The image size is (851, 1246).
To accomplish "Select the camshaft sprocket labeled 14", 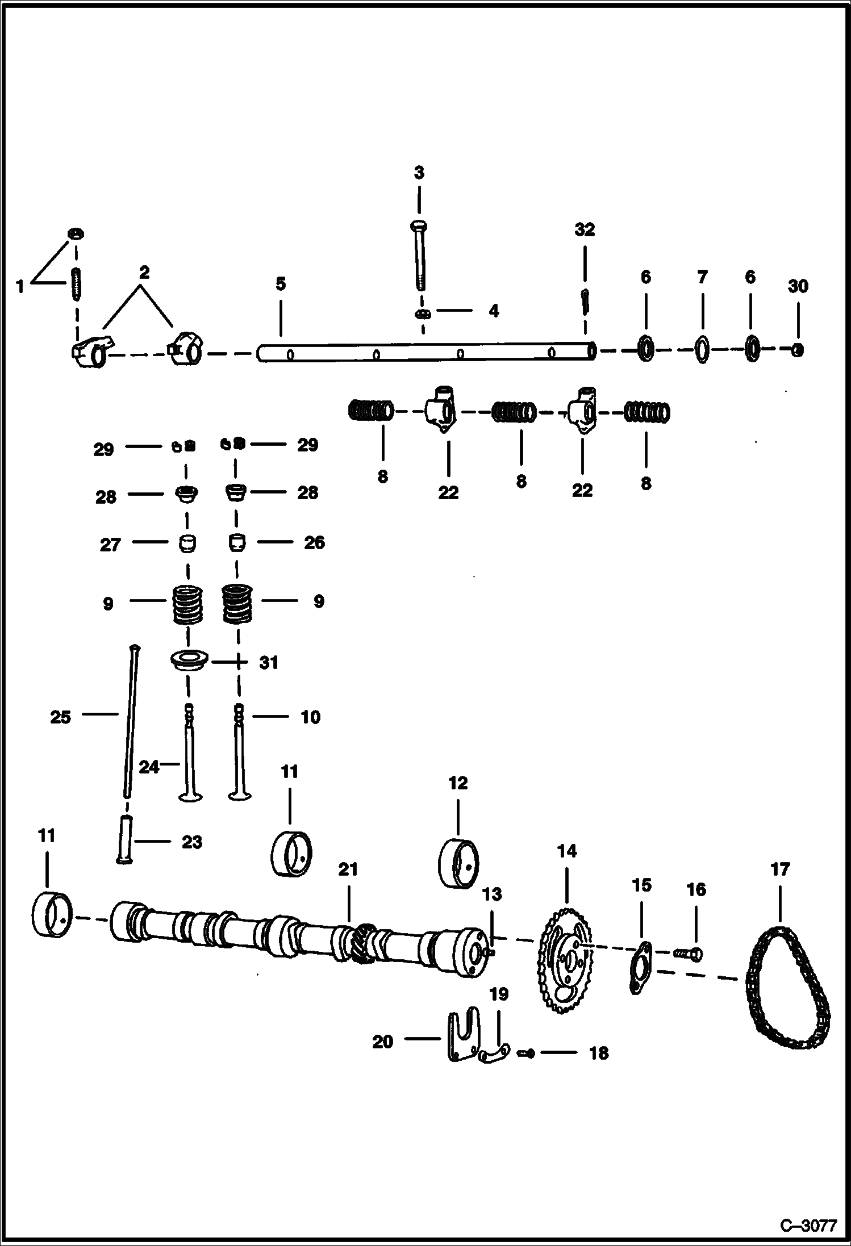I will click(565, 959).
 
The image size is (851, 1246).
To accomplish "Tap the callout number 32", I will click(585, 230).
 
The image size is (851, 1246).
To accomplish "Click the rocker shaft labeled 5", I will click(426, 352).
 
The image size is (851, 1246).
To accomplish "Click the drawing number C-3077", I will click(808, 1224).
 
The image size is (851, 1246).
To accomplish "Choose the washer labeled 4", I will click(423, 314).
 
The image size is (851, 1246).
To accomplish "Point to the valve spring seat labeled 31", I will click(189, 661).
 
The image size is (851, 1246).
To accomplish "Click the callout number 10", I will click(310, 717).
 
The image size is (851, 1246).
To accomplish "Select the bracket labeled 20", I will click(464, 1036).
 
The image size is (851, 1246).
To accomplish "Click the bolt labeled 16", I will click(689, 954).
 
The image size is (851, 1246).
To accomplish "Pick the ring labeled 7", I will click(702, 350).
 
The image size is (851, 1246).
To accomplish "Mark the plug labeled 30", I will click(798, 350).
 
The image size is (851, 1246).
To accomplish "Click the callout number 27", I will click(110, 545).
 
